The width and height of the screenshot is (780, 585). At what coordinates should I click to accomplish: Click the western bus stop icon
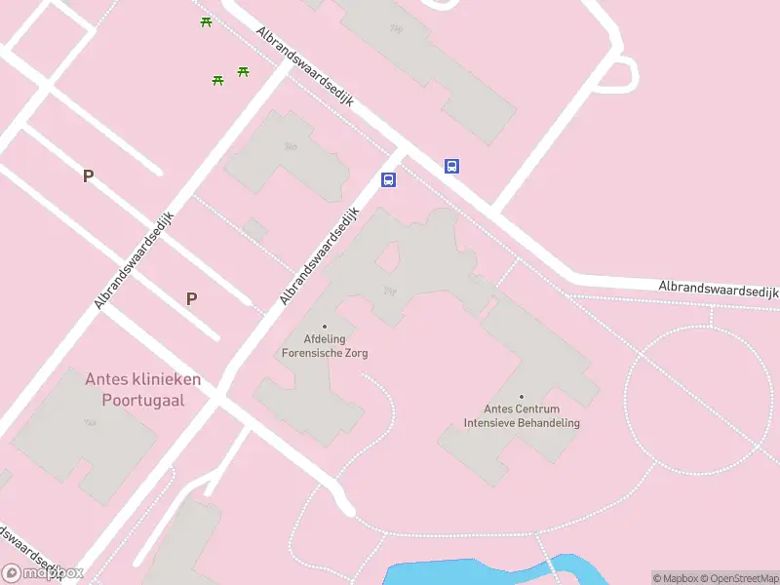tap(388, 179)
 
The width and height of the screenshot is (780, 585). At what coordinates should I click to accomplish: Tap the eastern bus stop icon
tap(451, 166)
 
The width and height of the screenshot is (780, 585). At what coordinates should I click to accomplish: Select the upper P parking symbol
tap(88, 176)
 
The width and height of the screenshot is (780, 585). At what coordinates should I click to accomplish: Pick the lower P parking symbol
tap(191, 299)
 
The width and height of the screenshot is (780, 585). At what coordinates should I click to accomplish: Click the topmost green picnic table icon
tap(206, 21)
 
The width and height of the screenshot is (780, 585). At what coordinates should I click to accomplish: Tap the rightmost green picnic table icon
tap(243, 71)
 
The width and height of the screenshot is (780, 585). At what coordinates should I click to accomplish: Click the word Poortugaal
tap(142, 400)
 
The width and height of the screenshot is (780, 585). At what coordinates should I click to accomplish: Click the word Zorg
tap(356, 353)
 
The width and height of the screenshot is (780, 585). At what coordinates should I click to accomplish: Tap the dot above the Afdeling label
tap(324, 327)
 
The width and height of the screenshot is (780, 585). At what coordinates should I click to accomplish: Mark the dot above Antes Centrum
tap(522, 397)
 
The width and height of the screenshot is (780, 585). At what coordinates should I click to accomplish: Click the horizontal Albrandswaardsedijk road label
tap(718, 290)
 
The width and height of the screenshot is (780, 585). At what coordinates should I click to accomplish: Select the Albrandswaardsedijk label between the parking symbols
tap(135, 260)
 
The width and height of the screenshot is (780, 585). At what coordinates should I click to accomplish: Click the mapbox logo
tap(42, 573)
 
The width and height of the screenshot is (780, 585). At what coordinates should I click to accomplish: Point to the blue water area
tap(468, 573)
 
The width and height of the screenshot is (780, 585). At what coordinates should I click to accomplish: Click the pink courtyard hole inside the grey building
tap(387, 257)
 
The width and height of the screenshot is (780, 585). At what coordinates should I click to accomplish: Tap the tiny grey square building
tap(255, 230)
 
